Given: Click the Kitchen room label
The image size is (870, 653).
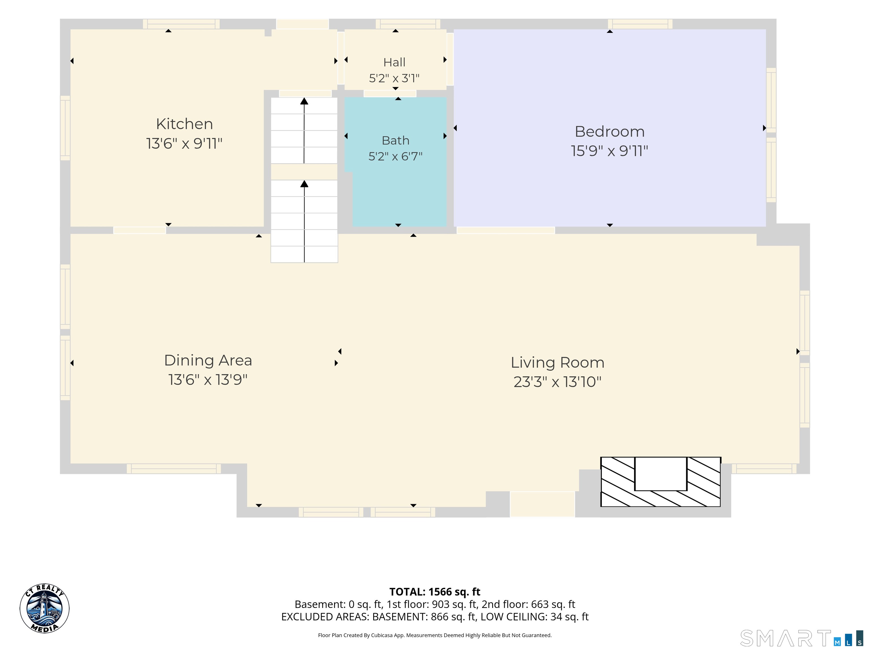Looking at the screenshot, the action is click(184, 124).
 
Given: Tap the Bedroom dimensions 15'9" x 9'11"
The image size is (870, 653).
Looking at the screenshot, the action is click(609, 151).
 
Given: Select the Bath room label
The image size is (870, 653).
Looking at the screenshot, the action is click(395, 141).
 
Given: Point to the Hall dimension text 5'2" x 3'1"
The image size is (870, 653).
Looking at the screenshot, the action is click(394, 78).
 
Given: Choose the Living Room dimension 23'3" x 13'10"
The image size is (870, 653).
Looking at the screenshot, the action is click(557, 382).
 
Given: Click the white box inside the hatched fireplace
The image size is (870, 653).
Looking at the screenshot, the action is click(661, 474).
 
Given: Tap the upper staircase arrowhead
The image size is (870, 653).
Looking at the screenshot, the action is click(304, 101).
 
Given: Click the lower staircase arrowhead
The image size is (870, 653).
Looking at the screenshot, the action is click(304, 184).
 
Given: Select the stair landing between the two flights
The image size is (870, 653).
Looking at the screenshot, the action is click(304, 172).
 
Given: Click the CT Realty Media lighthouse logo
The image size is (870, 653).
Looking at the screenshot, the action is click(44, 609).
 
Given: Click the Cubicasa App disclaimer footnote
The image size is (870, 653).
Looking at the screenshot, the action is click(435, 635).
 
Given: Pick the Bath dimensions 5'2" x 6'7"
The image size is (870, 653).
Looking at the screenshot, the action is click(395, 157).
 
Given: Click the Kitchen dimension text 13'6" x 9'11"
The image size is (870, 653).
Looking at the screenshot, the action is click(184, 143).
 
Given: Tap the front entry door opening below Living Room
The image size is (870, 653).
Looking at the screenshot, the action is click(542, 504).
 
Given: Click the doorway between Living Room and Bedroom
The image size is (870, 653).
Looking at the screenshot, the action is click(506, 230).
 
